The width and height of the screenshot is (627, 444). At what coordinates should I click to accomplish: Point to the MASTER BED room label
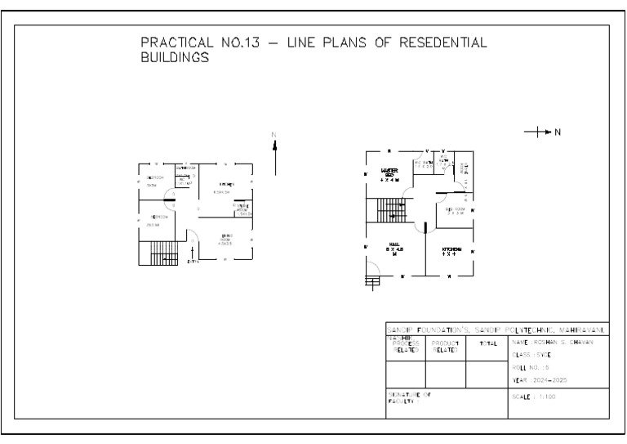[x=389, y=174]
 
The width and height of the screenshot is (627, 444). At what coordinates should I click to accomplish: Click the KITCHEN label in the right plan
[x=451, y=251]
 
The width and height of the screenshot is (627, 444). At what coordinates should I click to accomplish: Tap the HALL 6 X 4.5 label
[x=394, y=249]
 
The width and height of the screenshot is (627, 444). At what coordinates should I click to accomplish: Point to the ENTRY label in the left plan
[x=193, y=262]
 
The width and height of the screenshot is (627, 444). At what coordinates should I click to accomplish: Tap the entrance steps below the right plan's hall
[x=372, y=283]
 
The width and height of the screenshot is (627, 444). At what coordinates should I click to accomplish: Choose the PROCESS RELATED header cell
[x=406, y=345]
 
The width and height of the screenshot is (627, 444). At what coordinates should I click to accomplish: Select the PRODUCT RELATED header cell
[x=446, y=346]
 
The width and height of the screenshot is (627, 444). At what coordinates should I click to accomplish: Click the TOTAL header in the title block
[x=487, y=343]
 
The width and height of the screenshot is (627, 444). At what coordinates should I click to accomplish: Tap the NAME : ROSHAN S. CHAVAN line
[x=553, y=342]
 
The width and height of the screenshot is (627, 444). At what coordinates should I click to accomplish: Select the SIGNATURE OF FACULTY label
[x=408, y=398]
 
